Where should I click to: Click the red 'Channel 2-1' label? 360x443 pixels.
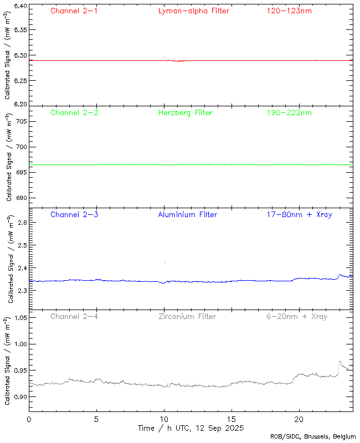click(74, 11)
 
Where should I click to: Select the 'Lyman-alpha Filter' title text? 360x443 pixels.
click(193, 11)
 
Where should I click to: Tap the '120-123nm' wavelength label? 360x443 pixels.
click(289, 11)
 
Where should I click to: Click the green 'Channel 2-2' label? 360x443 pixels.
click(74, 112)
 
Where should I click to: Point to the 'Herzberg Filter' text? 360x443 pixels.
click(185, 112)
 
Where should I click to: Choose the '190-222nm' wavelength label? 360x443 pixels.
click(289, 112)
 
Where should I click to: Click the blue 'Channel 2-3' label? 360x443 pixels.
click(74, 214)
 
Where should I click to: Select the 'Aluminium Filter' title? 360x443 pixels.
click(187, 214)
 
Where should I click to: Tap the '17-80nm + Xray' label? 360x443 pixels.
click(299, 214)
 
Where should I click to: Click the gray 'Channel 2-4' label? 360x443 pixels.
click(74, 316)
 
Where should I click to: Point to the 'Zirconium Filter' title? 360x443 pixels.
click(187, 316)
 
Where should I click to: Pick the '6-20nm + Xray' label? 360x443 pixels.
click(297, 316)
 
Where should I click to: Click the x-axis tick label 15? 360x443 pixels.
click(232, 419)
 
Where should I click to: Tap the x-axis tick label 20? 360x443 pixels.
click(299, 419)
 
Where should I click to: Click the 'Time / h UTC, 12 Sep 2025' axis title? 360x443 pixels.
click(191, 428)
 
